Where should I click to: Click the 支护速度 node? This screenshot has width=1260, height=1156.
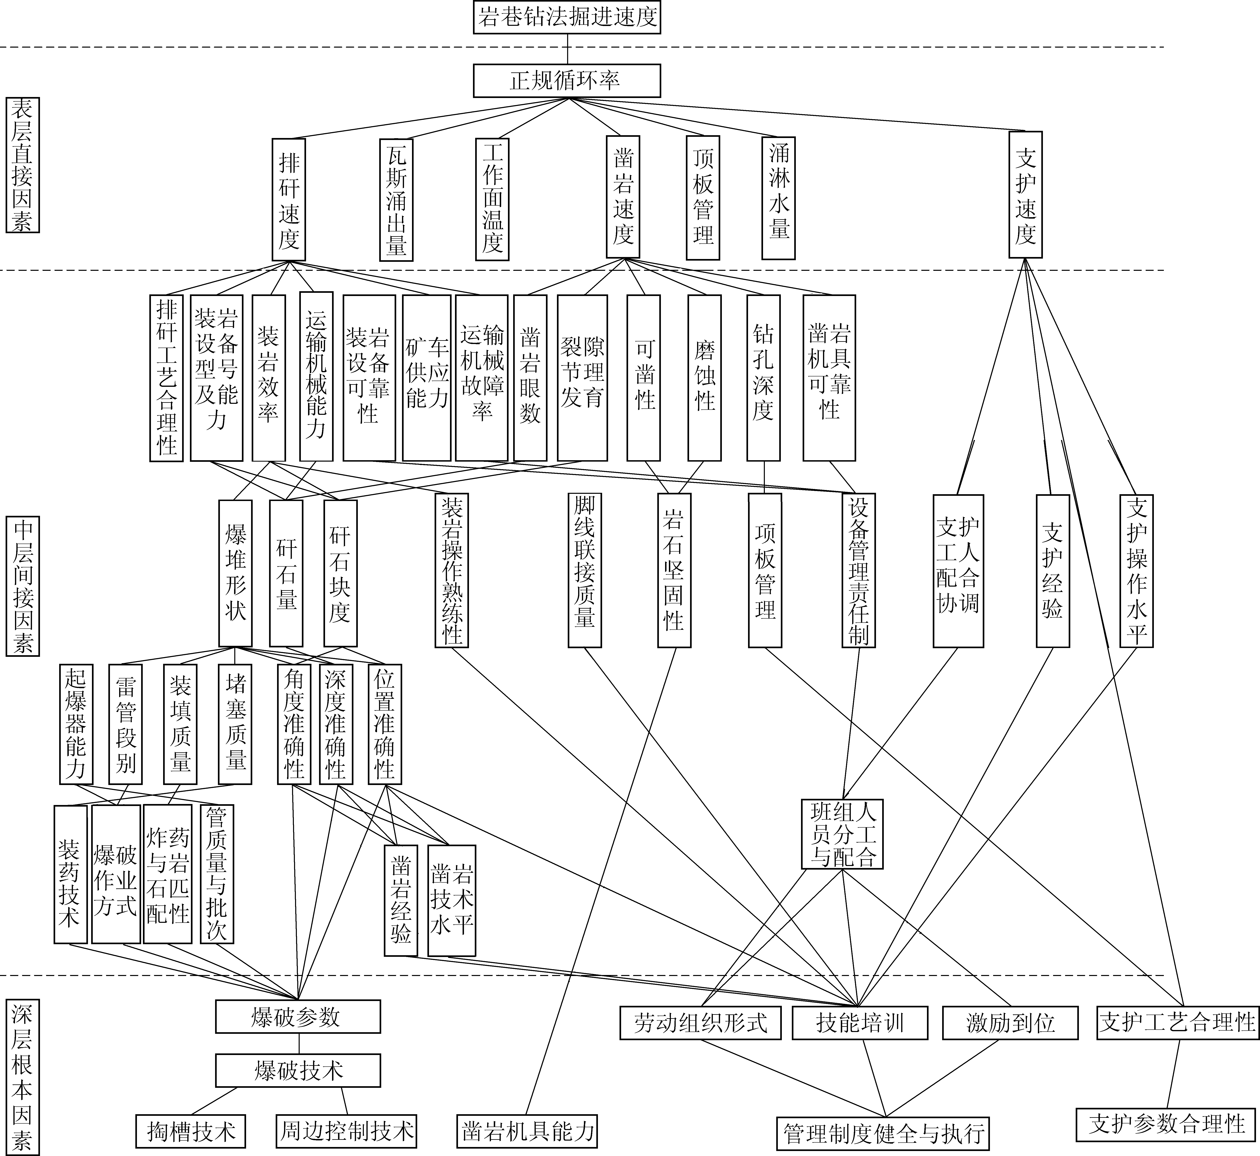1026,195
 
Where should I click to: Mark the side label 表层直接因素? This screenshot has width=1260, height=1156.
23,165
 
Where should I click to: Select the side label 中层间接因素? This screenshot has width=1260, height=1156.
23,586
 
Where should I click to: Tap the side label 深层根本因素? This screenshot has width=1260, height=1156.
23,1076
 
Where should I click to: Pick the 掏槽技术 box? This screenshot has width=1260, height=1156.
191,1131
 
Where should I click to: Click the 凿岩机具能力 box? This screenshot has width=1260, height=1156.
528,1131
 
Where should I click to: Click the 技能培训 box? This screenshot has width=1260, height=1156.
860,1023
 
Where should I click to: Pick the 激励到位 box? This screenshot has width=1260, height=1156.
1010,1023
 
